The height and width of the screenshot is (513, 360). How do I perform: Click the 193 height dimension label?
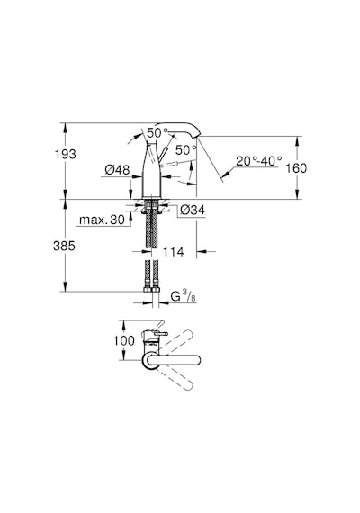(65, 154)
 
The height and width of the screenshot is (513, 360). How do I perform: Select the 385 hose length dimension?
(64, 246)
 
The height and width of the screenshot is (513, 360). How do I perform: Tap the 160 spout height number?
(296, 168)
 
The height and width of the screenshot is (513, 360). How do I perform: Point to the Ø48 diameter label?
(117, 170)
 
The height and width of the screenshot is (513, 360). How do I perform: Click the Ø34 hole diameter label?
(193, 210)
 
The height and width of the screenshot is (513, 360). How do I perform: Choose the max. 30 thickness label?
(102, 220)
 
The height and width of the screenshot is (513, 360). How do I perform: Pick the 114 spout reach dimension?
(174, 252)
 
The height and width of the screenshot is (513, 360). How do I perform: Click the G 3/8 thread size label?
(184, 296)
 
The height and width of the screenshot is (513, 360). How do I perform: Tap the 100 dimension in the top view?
(123, 340)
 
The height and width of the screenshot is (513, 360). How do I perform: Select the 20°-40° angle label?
(259, 160)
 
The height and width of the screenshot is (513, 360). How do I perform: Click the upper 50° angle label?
(157, 133)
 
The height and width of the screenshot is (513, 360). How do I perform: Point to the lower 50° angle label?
(186, 149)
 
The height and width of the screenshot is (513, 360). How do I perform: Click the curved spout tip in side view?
(196, 132)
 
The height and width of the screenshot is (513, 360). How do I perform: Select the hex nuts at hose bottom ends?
(151, 290)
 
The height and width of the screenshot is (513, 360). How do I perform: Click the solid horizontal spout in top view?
(173, 360)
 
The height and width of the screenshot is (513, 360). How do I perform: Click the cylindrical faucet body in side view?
(152, 170)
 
